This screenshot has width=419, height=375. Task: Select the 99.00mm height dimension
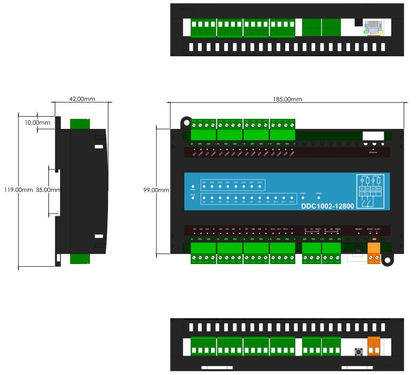pos(156,190)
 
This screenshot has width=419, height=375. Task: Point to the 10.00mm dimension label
pos(37,123)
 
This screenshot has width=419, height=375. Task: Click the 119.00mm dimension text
pos(16,190)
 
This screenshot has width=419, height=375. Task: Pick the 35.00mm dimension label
pos(48,190)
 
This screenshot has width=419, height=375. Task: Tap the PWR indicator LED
pos(193,186)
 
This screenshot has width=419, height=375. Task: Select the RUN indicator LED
pos(193,199)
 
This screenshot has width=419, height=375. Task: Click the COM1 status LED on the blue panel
pos(303,198)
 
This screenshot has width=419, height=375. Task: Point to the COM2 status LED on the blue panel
pos(318,198)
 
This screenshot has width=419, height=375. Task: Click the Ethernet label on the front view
pos(373,153)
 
